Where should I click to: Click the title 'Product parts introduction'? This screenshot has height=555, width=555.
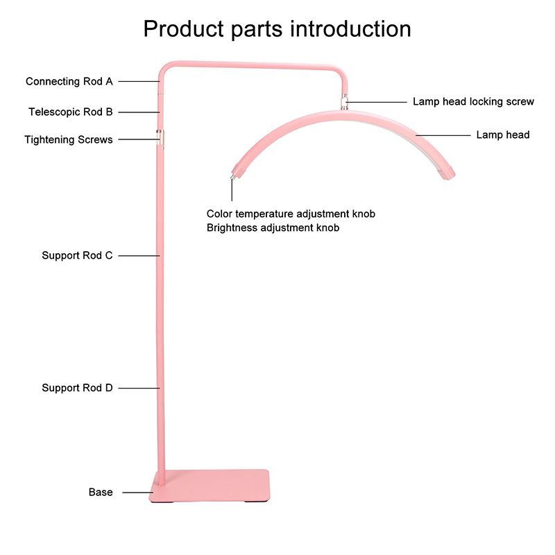coord(277,29)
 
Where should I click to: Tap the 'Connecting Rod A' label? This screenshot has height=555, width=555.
coord(69,81)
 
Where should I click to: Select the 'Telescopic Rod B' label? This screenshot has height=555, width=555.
coord(70,111)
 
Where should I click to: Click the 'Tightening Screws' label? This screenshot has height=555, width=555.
coord(68,139)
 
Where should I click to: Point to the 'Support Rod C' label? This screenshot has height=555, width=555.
coord(77,255)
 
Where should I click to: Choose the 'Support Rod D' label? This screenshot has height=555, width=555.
coord(77,388)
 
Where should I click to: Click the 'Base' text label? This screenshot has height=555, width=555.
coord(101,492)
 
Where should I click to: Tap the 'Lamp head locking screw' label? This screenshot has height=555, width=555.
coord(473,101)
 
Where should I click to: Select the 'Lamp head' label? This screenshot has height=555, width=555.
coord(502,135)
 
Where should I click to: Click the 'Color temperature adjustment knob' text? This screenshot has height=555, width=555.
coord(291,214)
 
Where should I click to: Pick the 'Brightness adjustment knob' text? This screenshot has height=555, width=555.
coord(273,228)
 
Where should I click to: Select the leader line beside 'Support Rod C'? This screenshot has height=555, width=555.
coord(137,255)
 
